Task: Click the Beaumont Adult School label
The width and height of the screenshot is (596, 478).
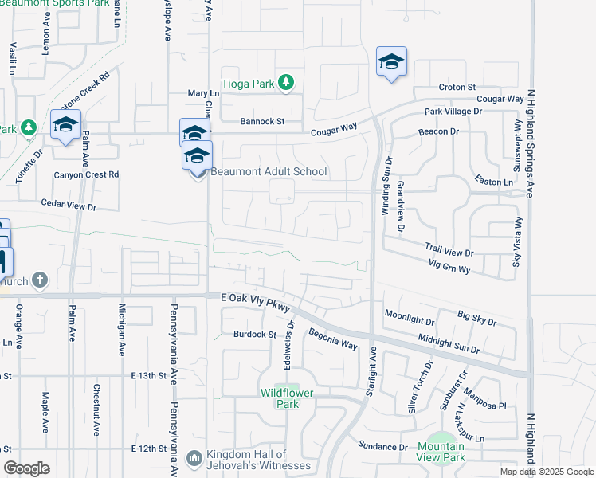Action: pos(269,171)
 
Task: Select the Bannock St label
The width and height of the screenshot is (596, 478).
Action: pos(263,122)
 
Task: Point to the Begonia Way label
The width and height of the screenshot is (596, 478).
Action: pos(333,338)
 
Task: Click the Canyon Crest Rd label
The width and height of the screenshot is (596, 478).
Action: pos(85,174)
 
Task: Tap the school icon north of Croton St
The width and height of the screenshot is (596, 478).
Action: pos(391,61)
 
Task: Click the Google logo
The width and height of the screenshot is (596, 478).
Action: pos(26,468)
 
